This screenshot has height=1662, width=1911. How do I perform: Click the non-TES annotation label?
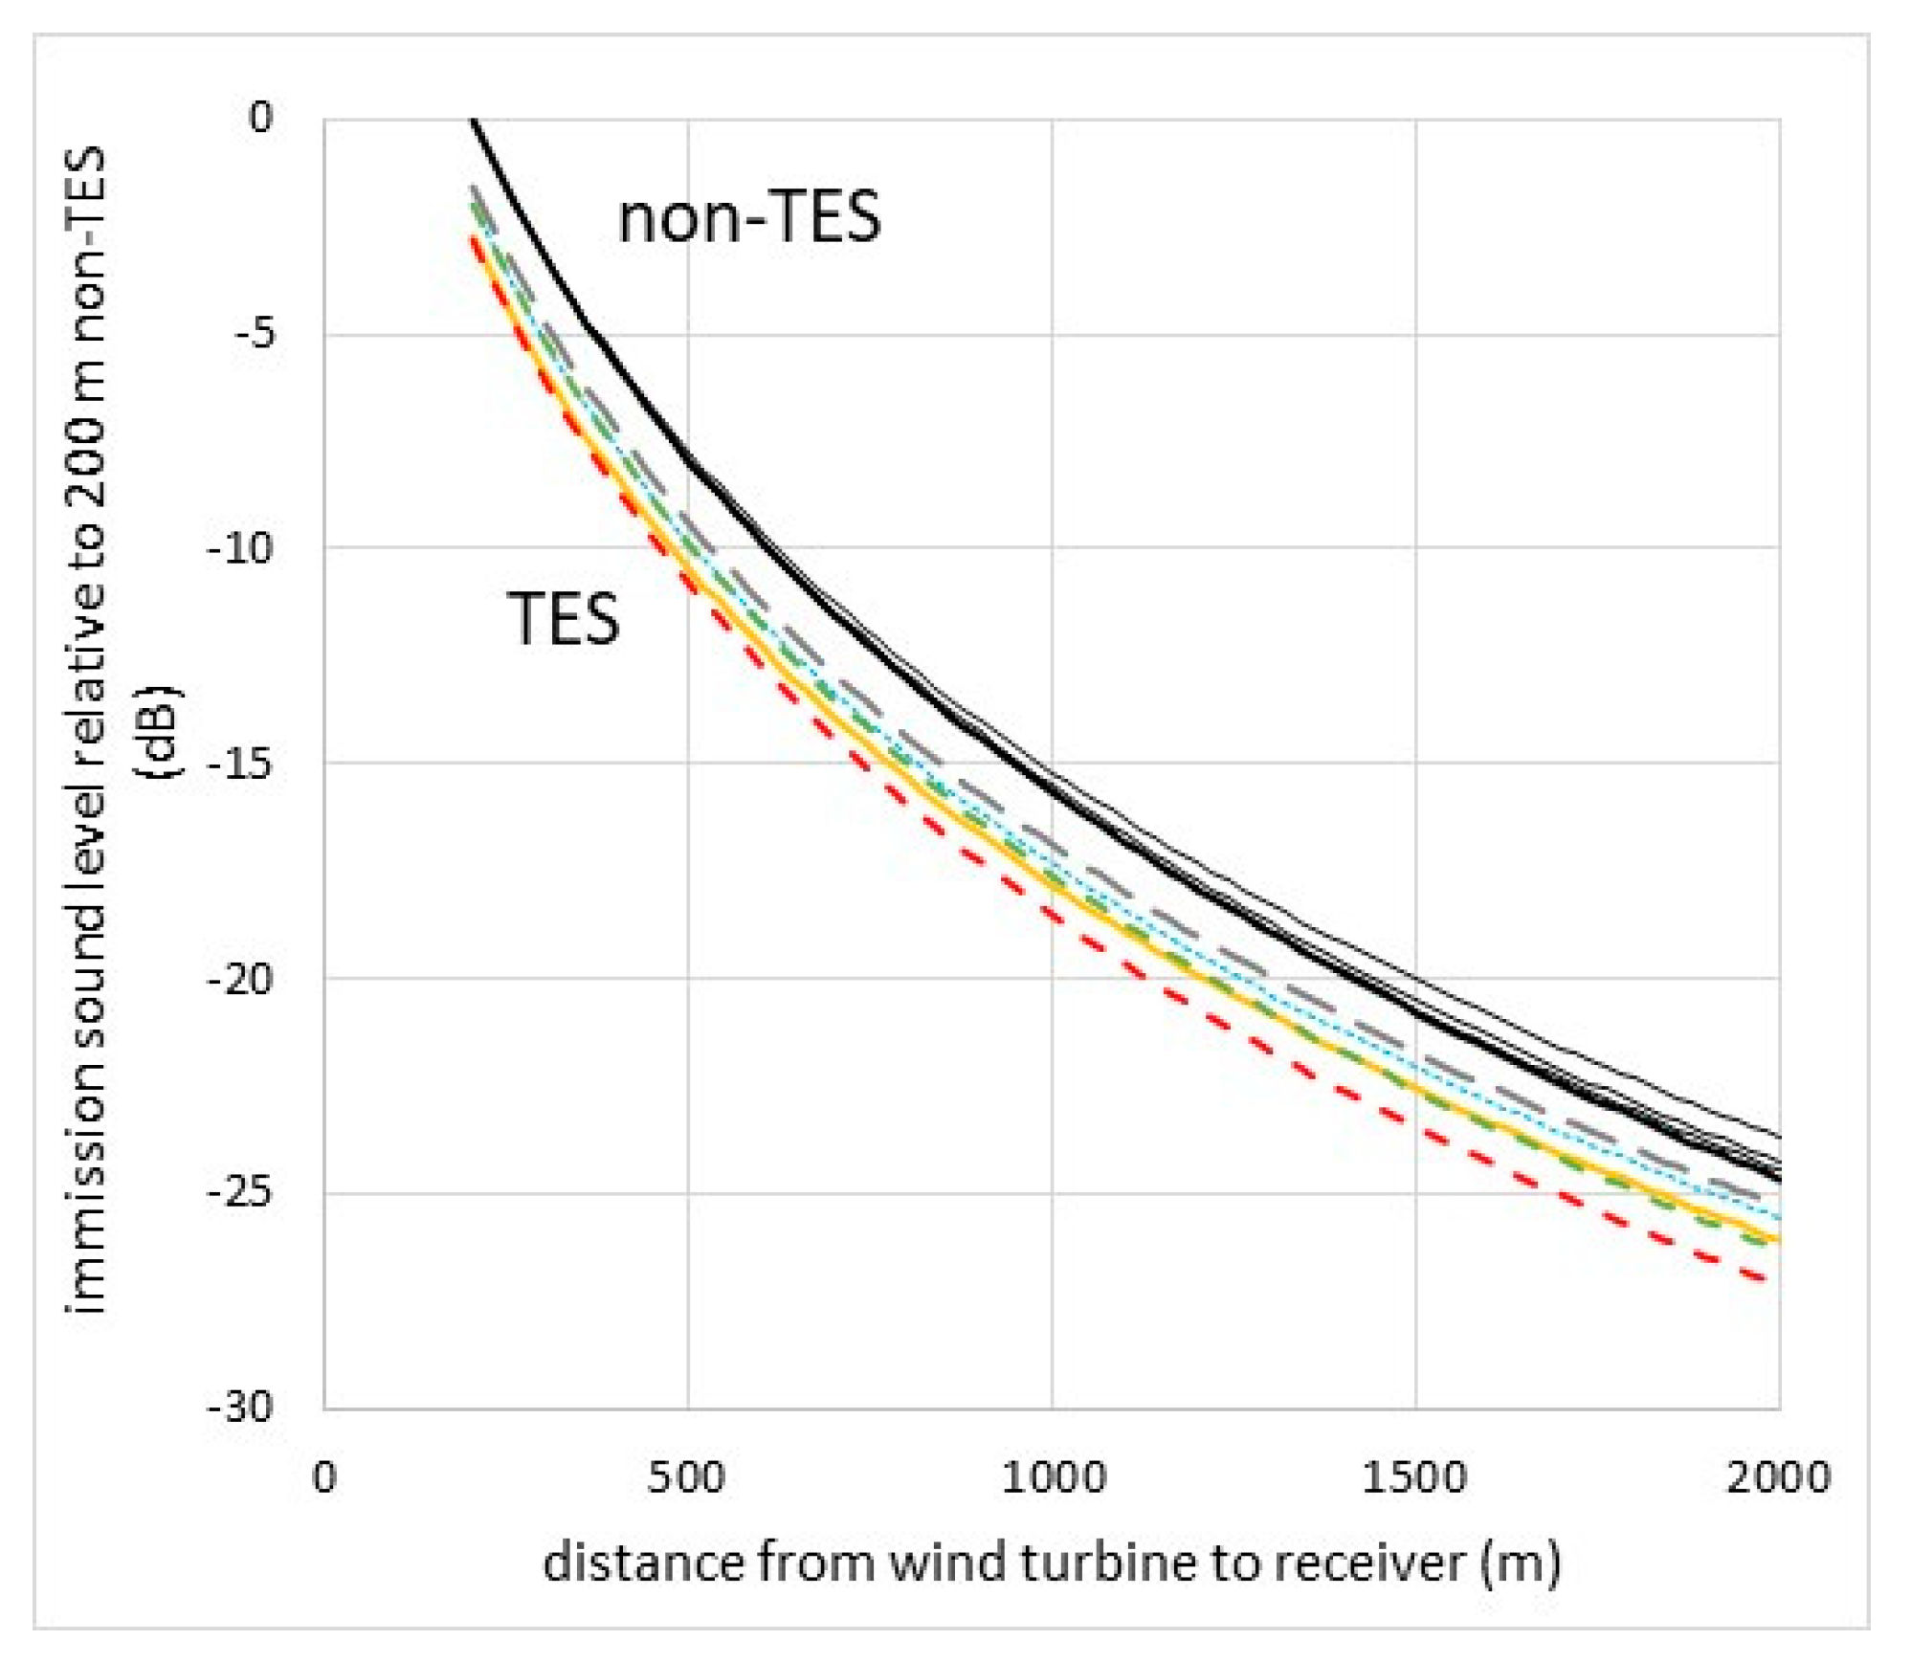pyautogui.click(x=748, y=218)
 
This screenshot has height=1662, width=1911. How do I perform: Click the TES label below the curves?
pyautogui.click(x=563, y=619)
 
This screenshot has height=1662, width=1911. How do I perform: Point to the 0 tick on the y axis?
pyautogui.click(x=260, y=119)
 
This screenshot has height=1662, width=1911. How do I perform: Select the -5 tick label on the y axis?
pyautogui.click(x=255, y=334)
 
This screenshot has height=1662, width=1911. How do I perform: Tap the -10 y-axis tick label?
pyautogui.click(x=241, y=548)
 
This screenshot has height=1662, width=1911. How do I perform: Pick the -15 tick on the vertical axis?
pyautogui.click(x=241, y=764)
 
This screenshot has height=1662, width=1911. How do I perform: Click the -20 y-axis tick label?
pyautogui.click(x=241, y=979)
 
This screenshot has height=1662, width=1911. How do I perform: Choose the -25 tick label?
pyautogui.click(x=241, y=1193)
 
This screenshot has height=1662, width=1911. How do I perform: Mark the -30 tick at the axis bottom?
pyautogui.click(x=241, y=1407)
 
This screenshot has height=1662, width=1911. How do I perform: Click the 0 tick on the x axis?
pyautogui.click(x=324, y=1478)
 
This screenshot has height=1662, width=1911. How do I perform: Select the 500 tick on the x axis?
pyautogui.click(x=686, y=1478)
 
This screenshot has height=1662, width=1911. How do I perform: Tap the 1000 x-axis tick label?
pyautogui.click(x=1053, y=1478)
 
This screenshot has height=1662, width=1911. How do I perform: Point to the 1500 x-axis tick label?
pyautogui.click(x=1414, y=1478)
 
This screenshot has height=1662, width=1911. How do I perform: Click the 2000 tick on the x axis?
pyautogui.click(x=1778, y=1478)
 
